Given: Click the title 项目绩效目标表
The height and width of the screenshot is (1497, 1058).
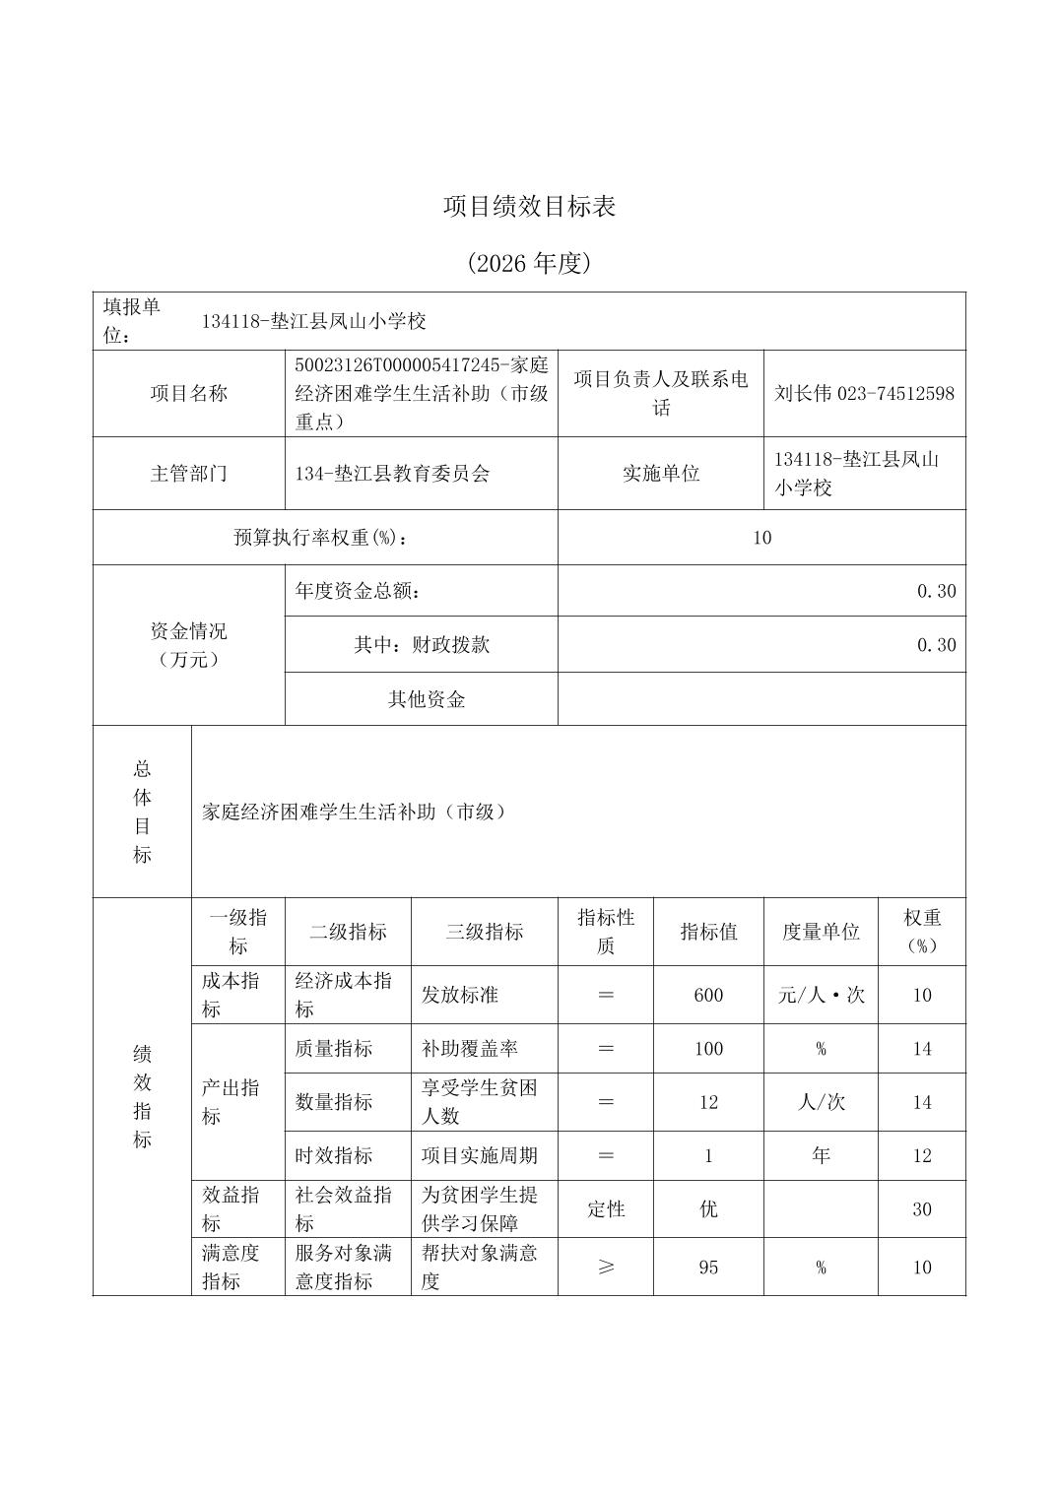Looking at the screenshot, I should click(529, 207).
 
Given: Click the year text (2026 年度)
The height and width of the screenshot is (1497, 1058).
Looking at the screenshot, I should click(529, 263).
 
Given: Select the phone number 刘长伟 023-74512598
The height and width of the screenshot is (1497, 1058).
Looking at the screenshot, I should click(864, 393).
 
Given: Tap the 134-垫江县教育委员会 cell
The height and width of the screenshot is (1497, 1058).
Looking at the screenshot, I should click(392, 473).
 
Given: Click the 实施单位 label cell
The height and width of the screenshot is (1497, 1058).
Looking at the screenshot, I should click(660, 473).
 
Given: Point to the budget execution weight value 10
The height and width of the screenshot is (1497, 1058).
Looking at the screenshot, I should click(761, 538).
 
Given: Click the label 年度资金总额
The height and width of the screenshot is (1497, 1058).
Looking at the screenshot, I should click(359, 591).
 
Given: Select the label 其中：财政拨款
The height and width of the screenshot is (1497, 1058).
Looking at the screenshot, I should click(422, 645).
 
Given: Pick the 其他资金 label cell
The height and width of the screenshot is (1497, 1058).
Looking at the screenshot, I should click(426, 699).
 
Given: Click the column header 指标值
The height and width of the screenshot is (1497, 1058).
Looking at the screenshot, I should click(708, 932).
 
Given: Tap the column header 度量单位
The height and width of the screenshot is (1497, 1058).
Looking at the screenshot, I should click(821, 932).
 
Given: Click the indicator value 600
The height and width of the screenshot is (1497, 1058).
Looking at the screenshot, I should click(708, 995).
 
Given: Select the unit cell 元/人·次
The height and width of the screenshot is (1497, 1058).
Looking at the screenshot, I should click(821, 995).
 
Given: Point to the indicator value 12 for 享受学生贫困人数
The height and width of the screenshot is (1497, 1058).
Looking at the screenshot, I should click(708, 1102).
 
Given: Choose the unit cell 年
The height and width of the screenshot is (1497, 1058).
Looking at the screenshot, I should click(821, 1156).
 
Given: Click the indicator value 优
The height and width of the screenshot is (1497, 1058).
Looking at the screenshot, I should click(708, 1209).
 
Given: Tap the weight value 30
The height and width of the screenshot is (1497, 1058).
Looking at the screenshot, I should click(921, 1209).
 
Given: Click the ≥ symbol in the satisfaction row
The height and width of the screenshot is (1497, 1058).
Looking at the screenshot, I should click(606, 1268).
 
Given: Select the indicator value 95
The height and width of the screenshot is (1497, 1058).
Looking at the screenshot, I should click(708, 1268).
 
